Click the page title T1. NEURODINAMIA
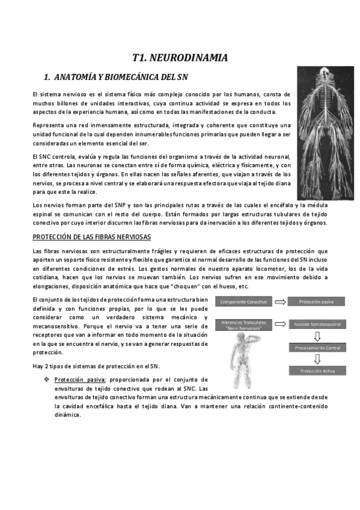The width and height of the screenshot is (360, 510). click(x=180, y=58)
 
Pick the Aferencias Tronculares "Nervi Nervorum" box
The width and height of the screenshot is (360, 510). click(x=244, y=325)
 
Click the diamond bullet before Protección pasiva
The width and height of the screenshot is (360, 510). click(x=46, y=380)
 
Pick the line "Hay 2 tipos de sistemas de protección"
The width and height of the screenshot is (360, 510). click(x=96, y=366)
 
